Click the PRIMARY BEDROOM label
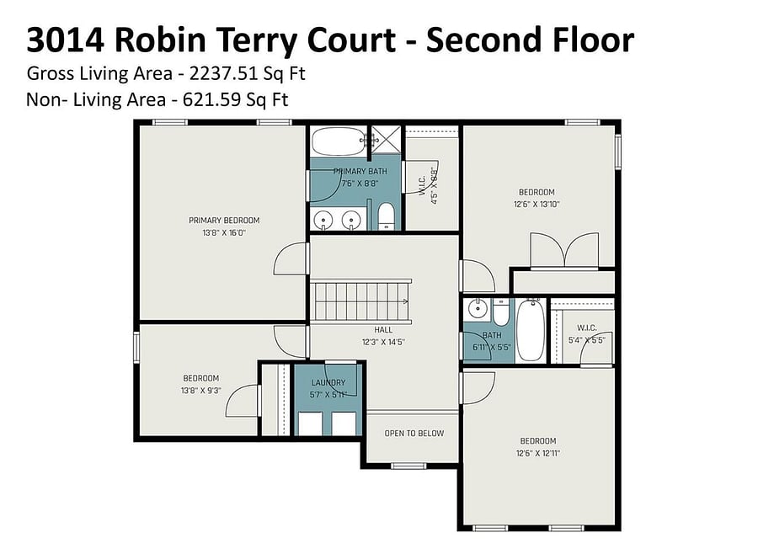pyautogui.click(x=224, y=221)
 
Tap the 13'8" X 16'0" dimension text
pyautogui.click(x=224, y=233)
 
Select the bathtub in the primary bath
pyautogui.click(x=338, y=141)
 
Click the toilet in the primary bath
pyautogui.click(x=387, y=216)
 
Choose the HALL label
pyautogui.click(x=383, y=330)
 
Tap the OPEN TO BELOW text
pyautogui.click(x=414, y=434)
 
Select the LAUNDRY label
pyautogui.click(x=328, y=382)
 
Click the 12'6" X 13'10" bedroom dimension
pyautogui.click(x=536, y=205)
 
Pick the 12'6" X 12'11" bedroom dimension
pyautogui.click(x=538, y=454)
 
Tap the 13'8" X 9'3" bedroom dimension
pyautogui.click(x=201, y=391)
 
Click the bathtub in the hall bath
pyautogui.click(x=531, y=330)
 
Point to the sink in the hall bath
pyautogui.click(x=478, y=308)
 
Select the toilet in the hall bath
pyautogui.click(x=501, y=312)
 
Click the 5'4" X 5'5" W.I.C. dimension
pyautogui.click(x=587, y=340)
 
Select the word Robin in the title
pyautogui.click(x=160, y=40)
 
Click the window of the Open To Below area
pyautogui.click(x=408, y=466)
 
